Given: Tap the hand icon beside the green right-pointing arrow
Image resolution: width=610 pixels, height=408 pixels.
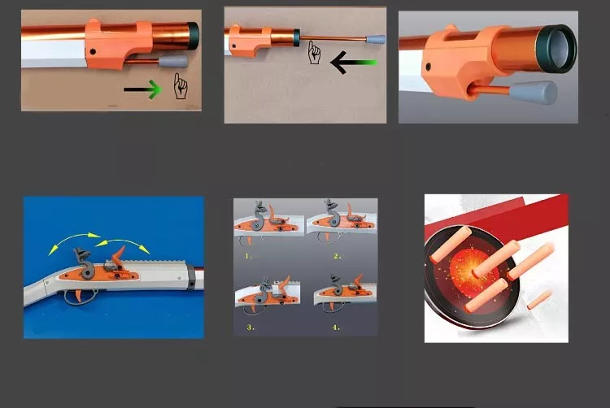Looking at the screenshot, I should tap(181, 85).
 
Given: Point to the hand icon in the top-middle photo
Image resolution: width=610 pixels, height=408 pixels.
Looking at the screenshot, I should tap(314, 54).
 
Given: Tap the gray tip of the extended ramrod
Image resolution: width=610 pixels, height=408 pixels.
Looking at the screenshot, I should tap(377, 38).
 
